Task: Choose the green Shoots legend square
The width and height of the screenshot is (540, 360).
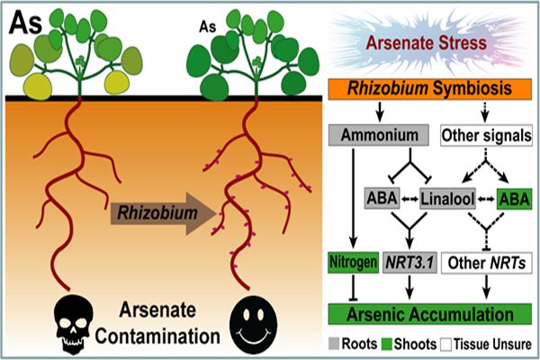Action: [388, 345]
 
